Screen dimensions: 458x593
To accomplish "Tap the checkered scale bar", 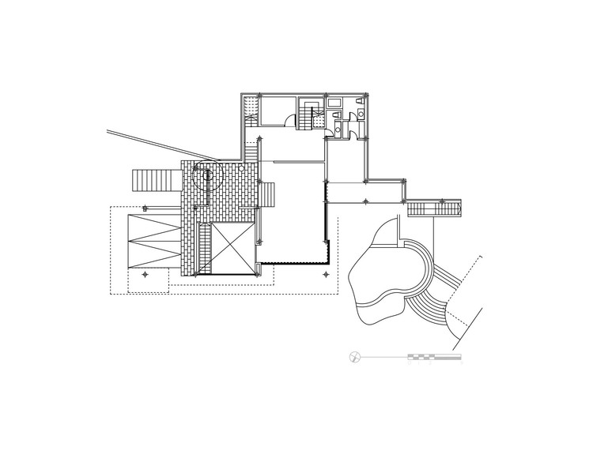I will (x=434, y=358).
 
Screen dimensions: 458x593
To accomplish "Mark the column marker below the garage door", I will (x=145, y=274).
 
